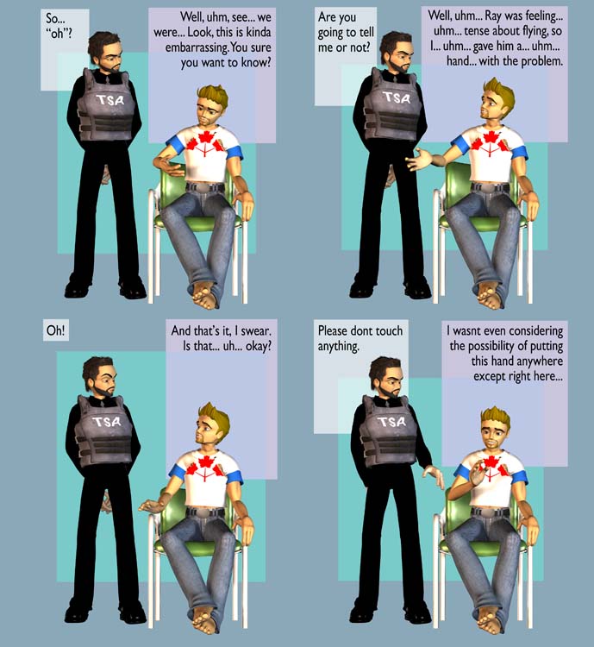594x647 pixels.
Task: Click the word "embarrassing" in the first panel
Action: pyautogui.click(x=197, y=47)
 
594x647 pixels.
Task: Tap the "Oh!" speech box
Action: pyautogui.click(x=56, y=330)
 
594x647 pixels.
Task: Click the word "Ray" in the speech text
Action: pyautogui.click(x=492, y=16)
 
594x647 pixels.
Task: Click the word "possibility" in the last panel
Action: pyautogui.click(x=487, y=346)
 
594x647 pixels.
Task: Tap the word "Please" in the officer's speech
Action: pyautogui.click(x=334, y=330)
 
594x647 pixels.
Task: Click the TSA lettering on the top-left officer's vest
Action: pyautogui.click(x=110, y=99)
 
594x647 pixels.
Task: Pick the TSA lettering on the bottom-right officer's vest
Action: pyautogui.click(x=393, y=422)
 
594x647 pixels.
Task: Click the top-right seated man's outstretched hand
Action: pyautogui.click(x=419, y=160)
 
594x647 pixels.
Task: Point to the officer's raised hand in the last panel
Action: pyautogui.click(x=434, y=475)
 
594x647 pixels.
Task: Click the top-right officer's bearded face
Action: pyautogui.click(x=397, y=57)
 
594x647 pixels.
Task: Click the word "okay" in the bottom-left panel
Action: pyautogui.click(x=259, y=347)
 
